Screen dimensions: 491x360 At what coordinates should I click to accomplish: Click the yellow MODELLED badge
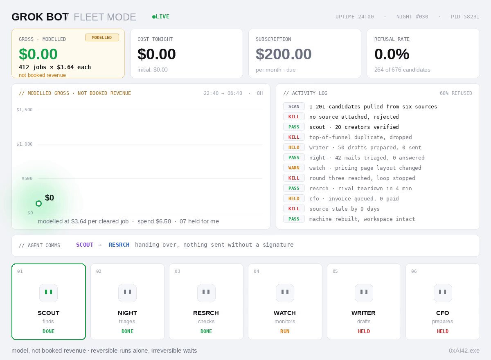coord(102,38)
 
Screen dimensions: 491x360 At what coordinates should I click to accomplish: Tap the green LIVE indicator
coord(161,17)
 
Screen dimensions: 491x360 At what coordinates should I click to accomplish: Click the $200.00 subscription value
coord(284,54)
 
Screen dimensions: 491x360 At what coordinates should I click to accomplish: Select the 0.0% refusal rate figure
coord(392,54)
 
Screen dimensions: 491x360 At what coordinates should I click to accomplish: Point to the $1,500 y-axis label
coord(25,110)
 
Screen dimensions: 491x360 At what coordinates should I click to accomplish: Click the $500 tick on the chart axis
coord(27,179)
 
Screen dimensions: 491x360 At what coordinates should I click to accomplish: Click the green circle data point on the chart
coord(38,204)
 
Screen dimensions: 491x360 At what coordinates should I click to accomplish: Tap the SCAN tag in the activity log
coord(294,106)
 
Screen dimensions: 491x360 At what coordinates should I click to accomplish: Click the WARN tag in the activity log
coord(294,168)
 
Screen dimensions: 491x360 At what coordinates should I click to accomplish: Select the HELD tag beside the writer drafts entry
coord(294,147)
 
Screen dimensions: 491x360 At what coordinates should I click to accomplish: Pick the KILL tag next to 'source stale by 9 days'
coord(294,209)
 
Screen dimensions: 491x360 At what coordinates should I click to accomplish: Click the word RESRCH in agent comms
coord(119,245)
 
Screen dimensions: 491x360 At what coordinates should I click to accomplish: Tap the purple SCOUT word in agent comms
coord(85,245)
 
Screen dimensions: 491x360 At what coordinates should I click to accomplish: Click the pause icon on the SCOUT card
coord(48,292)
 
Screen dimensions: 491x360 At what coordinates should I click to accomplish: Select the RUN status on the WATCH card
coord(285,331)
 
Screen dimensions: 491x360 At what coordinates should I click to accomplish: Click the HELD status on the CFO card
coord(443,331)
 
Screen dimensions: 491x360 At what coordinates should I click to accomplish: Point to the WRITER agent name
coord(363,313)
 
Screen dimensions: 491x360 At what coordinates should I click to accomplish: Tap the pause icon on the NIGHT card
coord(127,292)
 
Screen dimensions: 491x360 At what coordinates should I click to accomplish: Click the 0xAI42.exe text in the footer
coord(464,351)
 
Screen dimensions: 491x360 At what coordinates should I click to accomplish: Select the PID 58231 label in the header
coord(465,17)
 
